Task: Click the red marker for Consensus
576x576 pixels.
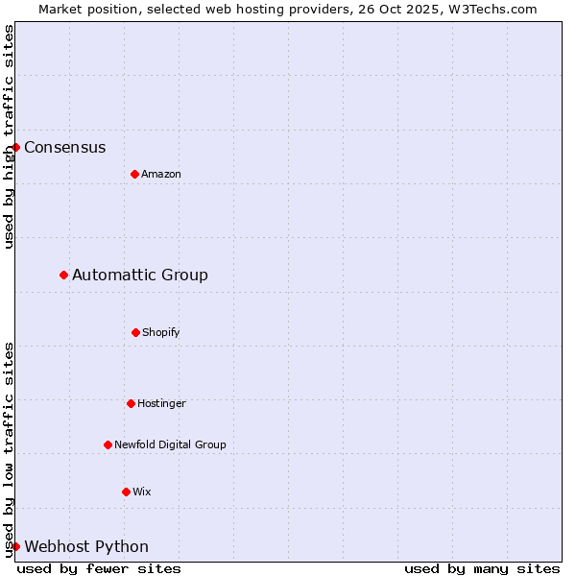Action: click(16, 147)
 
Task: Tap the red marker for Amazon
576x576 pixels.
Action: click(134, 174)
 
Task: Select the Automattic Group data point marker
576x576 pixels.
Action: click(64, 276)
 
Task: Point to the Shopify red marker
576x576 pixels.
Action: click(135, 332)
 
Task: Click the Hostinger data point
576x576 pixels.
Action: click(131, 403)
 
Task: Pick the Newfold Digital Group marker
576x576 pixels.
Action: click(108, 444)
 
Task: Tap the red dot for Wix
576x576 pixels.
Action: click(126, 492)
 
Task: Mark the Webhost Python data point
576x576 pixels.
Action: click(16, 546)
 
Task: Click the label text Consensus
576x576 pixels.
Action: click(65, 148)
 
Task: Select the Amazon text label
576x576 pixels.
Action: click(161, 175)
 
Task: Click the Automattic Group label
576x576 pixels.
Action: click(140, 276)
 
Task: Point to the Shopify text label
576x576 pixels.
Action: click(161, 333)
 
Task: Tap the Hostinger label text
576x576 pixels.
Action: click(161, 404)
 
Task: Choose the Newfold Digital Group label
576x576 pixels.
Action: click(170, 445)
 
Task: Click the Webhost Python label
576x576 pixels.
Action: click(86, 547)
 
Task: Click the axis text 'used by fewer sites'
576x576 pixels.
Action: click(99, 569)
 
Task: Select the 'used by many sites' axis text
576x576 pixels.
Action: click(482, 569)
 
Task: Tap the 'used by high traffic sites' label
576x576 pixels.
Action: click(10, 136)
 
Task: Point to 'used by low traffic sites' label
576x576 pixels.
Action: click(10, 449)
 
